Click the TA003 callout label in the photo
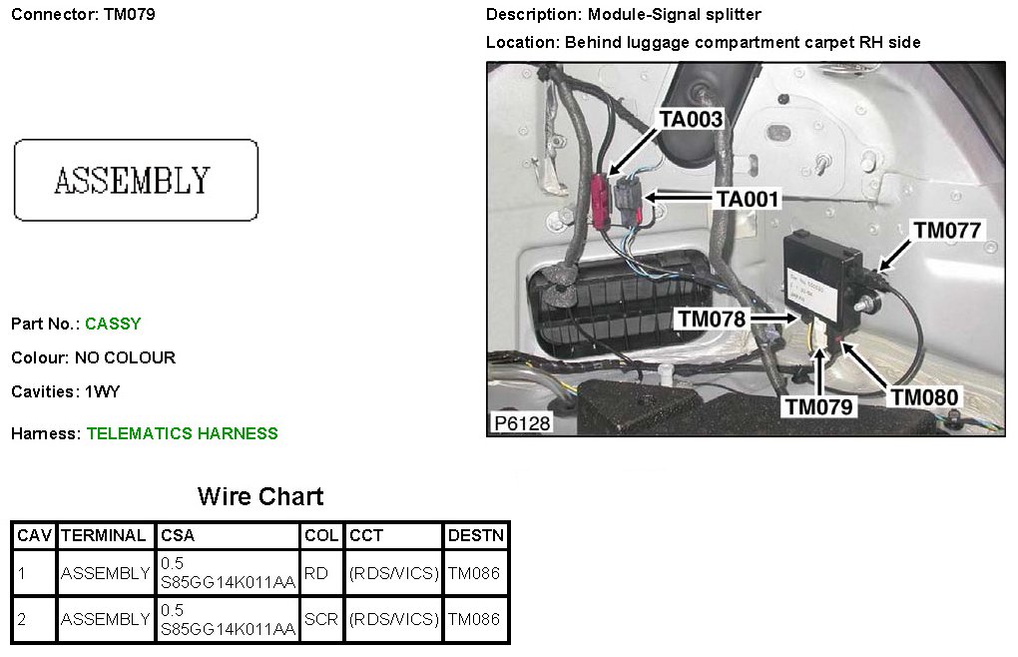tap(691, 120)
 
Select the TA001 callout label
tap(747, 199)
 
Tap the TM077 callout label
tap(948, 231)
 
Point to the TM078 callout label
tap(713, 319)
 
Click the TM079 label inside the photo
tap(818, 406)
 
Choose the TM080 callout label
tap(925, 397)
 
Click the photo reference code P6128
tap(520, 423)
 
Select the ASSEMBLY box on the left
tap(136, 180)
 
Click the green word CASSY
tap(113, 324)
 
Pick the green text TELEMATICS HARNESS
tap(182, 433)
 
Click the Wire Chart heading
tap(260, 496)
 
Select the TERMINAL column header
tap(104, 536)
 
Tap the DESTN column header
tap(476, 536)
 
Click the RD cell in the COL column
tap(315, 573)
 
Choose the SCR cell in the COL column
tap(321, 619)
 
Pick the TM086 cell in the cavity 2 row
tap(474, 619)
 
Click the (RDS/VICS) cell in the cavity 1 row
tap(393, 573)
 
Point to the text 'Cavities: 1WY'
tap(66, 391)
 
